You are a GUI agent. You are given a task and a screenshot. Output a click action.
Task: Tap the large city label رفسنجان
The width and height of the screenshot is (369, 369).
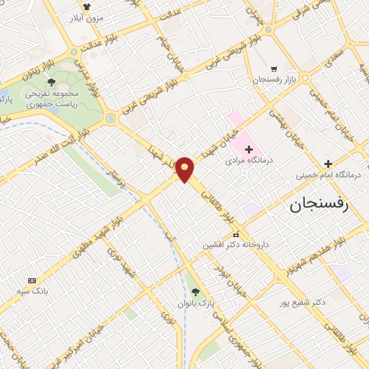[319, 205]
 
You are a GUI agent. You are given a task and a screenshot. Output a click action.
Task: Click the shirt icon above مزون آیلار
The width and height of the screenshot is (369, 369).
[86, 6]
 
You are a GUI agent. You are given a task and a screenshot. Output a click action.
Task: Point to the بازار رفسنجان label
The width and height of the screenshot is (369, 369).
[275, 79]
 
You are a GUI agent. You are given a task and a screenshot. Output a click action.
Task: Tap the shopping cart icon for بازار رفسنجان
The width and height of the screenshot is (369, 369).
[274, 68]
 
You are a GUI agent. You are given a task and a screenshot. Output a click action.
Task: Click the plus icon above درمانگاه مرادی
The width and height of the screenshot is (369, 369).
[249, 150]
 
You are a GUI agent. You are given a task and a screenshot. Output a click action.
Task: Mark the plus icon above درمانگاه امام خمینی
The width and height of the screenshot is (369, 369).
[328, 164]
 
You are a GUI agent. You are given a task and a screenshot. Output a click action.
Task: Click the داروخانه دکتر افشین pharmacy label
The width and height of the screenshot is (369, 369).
[235, 245]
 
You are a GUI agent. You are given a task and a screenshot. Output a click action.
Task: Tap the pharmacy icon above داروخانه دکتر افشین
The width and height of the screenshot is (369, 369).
[235, 235]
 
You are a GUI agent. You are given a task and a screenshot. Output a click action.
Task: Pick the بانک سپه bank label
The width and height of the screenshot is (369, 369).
[32, 290]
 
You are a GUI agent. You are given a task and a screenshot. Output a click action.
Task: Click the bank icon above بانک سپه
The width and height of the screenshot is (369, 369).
[31, 280]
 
